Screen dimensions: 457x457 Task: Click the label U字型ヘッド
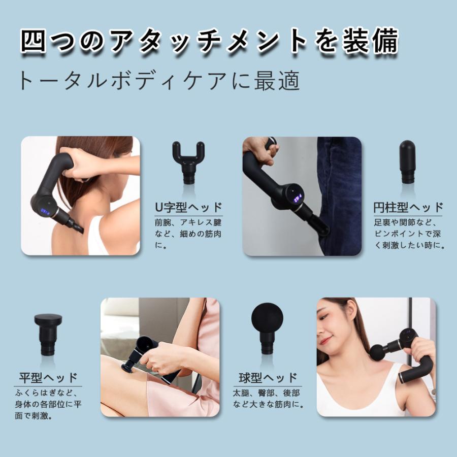pyautogui.click(x=189, y=208)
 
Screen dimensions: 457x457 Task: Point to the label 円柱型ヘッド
pyautogui.click(x=408, y=208)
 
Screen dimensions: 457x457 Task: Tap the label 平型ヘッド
pyautogui.click(x=48, y=378)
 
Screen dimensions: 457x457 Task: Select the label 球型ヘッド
pyautogui.click(x=268, y=378)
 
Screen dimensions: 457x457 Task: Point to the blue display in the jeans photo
pyautogui.click(x=296, y=196)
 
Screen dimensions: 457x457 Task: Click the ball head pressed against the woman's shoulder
pyautogui.click(x=378, y=352)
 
